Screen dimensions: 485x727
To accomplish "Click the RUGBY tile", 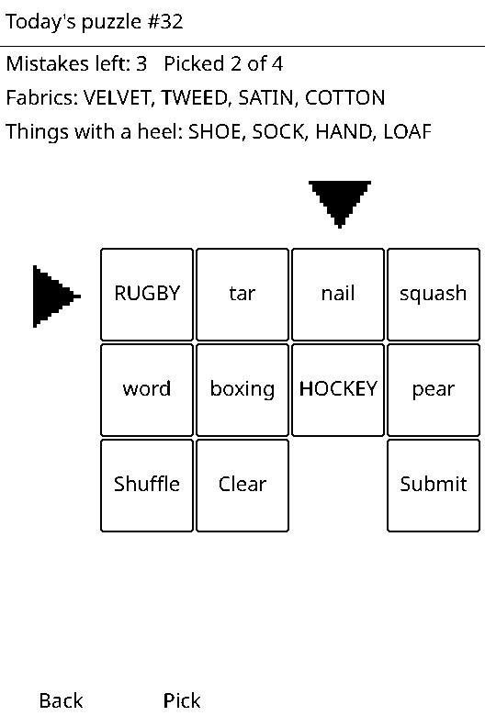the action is (147, 295).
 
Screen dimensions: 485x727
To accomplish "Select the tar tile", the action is (242, 295).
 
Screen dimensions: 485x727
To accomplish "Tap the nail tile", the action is (338, 295).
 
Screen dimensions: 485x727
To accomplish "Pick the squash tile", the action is (434, 295).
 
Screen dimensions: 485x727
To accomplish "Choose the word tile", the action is (147, 390).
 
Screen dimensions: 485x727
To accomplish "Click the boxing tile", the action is (242, 390).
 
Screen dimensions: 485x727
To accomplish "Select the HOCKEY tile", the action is (338, 390).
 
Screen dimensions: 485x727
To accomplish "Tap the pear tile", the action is (434, 390).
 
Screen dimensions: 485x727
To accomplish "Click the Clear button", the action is (242, 486).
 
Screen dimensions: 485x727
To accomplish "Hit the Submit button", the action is (434, 486).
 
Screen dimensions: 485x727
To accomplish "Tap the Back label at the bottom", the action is (61, 700).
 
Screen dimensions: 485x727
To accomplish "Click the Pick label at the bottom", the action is (182, 700).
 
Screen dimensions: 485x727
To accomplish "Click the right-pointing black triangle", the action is (57, 296).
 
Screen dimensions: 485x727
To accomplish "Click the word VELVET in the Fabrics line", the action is (117, 98).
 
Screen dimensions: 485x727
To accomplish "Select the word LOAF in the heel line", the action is (408, 131).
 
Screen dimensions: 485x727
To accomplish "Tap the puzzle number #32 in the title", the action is (165, 22).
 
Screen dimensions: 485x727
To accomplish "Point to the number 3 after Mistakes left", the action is (141, 64).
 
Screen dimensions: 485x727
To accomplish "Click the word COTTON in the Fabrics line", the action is (345, 98).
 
